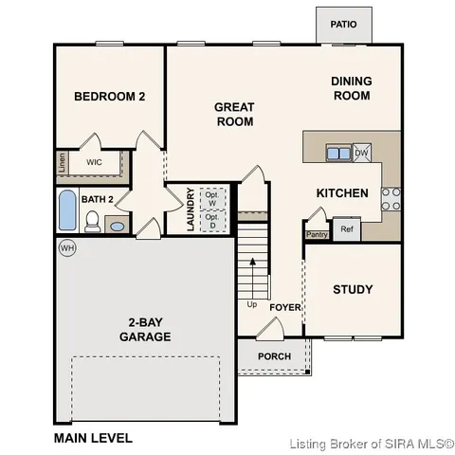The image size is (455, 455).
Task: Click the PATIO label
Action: point(343,24)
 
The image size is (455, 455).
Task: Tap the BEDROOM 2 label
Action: point(110,97)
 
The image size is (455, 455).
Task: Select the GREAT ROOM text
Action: point(234,114)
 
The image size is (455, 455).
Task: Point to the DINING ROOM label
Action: point(351,88)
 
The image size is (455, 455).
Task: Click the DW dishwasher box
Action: point(361,152)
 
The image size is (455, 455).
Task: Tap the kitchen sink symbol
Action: point(337,152)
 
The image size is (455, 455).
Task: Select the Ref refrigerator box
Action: point(346,228)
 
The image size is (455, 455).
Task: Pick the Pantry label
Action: point(316,233)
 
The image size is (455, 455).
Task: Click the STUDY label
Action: point(353,290)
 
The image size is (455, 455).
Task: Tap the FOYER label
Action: point(284,307)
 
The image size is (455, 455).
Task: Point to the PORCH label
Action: point(275,356)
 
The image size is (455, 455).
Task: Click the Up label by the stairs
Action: point(251,304)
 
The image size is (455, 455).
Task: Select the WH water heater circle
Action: point(66,247)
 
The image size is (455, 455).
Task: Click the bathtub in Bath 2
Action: point(67,211)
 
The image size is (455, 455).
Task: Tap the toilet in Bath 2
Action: point(93,222)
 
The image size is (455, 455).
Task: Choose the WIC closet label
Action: point(94,162)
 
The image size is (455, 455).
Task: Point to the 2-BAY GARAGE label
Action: point(145,329)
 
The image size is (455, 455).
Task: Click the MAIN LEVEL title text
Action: point(93,438)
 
